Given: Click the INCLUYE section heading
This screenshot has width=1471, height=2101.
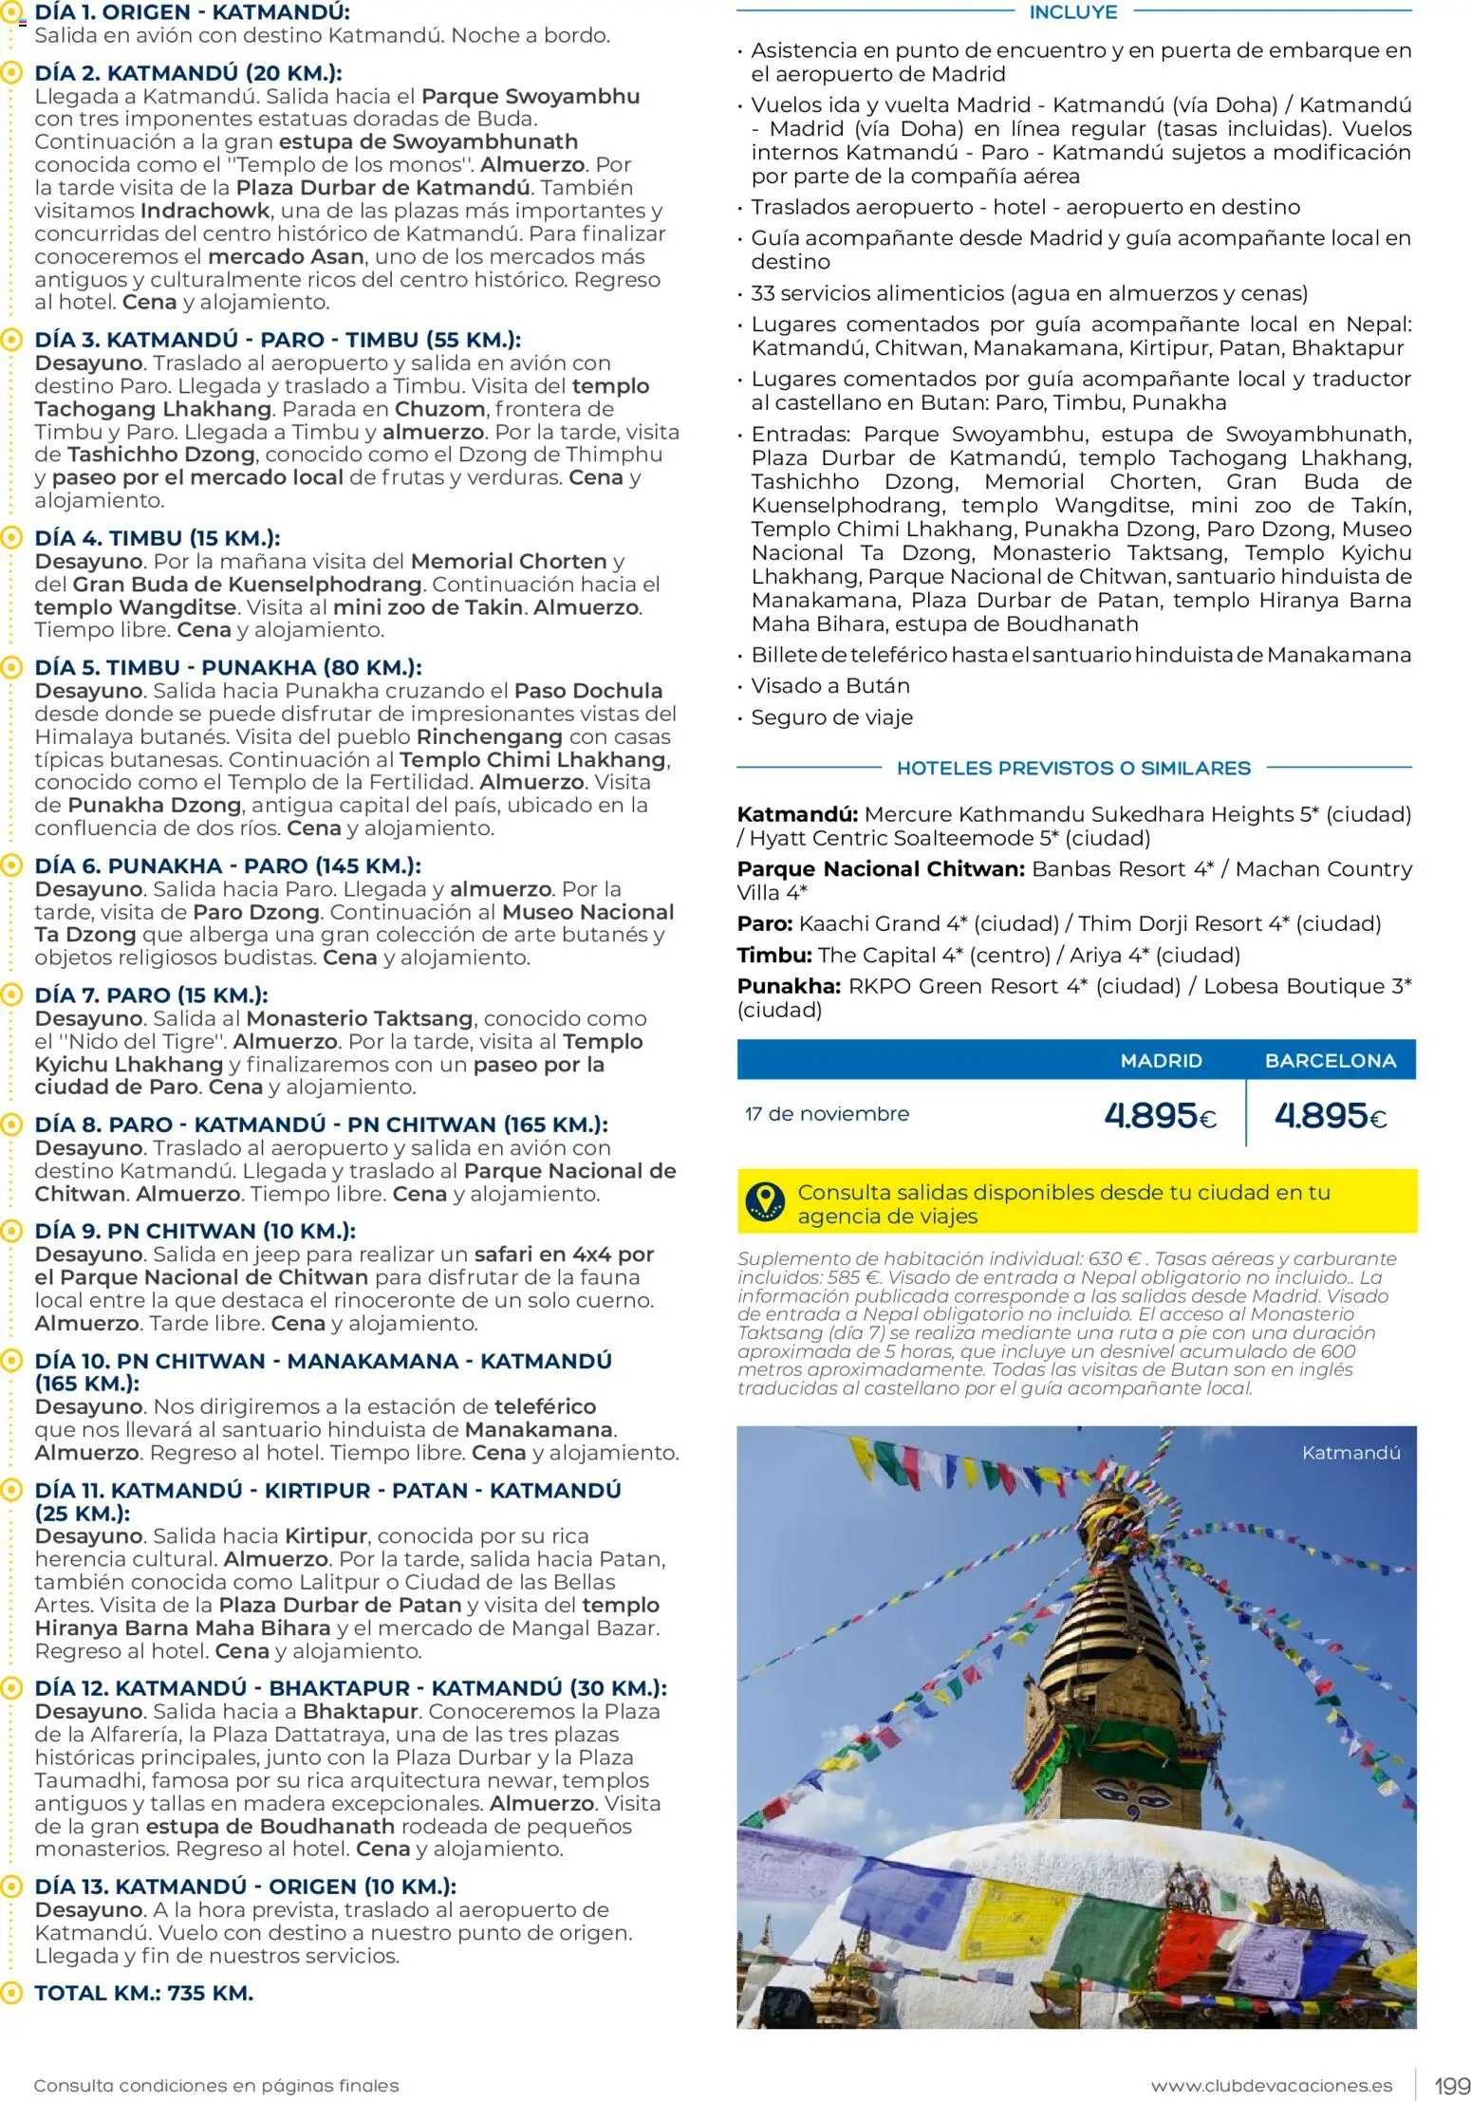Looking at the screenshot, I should tap(1073, 12).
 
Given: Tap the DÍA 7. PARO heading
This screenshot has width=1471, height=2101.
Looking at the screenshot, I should tap(151, 995).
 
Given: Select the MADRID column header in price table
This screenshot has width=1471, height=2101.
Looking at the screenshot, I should tap(1161, 1061).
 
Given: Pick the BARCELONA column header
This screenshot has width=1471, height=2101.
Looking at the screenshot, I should tap(1330, 1061).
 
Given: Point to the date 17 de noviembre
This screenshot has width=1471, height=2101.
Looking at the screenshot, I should tap(827, 1114).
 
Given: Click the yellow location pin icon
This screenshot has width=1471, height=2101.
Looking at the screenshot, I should tap(766, 1201).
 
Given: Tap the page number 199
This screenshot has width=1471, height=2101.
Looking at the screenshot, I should tap(1451, 2086).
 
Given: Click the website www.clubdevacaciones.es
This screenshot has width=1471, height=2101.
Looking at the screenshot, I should tap(1271, 2086).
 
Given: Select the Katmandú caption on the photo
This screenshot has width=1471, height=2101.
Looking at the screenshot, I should tap(1350, 1453).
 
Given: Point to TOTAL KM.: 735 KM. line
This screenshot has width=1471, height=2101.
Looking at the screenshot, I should tap(143, 1993).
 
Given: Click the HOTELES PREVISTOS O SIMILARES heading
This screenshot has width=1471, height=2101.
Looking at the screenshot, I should tap(1073, 768).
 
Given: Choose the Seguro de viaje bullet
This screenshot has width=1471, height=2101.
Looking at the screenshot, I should tap(831, 717).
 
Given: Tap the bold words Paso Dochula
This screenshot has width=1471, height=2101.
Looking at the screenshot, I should tap(587, 691).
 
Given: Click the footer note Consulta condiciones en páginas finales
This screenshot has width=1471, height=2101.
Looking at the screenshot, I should tap(216, 2086).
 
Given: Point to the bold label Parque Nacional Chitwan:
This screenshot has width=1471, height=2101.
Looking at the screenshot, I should tap(881, 869).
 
